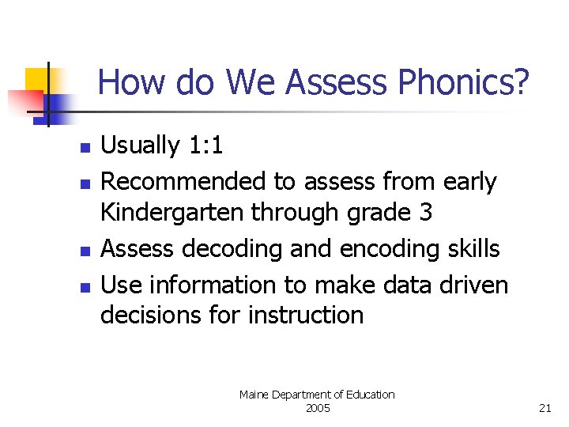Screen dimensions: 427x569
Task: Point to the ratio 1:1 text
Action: [205, 145]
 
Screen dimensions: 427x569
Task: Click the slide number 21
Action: [545, 408]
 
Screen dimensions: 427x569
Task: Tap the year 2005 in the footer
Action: [317, 408]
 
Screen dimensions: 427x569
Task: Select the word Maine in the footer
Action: [254, 395]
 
